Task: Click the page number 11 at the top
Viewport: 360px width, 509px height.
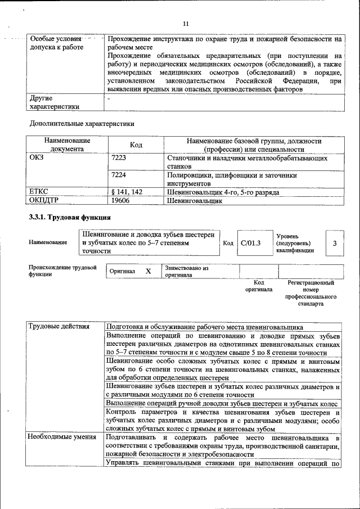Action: (x=186, y=23)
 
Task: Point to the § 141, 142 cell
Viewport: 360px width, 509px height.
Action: (x=127, y=192)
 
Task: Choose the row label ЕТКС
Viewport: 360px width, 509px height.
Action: (x=39, y=192)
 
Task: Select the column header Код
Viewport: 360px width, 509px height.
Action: (x=136, y=145)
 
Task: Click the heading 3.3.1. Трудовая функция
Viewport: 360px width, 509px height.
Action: (x=70, y=217)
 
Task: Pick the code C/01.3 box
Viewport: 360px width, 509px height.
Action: (x=251, y=243)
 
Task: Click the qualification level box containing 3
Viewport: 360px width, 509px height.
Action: (x=335, y=243)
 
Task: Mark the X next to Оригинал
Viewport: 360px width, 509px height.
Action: (x=148, y=271)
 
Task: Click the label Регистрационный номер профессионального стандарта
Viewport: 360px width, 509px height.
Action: (x=311, y=293)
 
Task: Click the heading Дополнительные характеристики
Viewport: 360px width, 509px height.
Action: (x=82, y=123)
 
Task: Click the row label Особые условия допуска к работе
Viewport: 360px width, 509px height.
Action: (x=56, y=43)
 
